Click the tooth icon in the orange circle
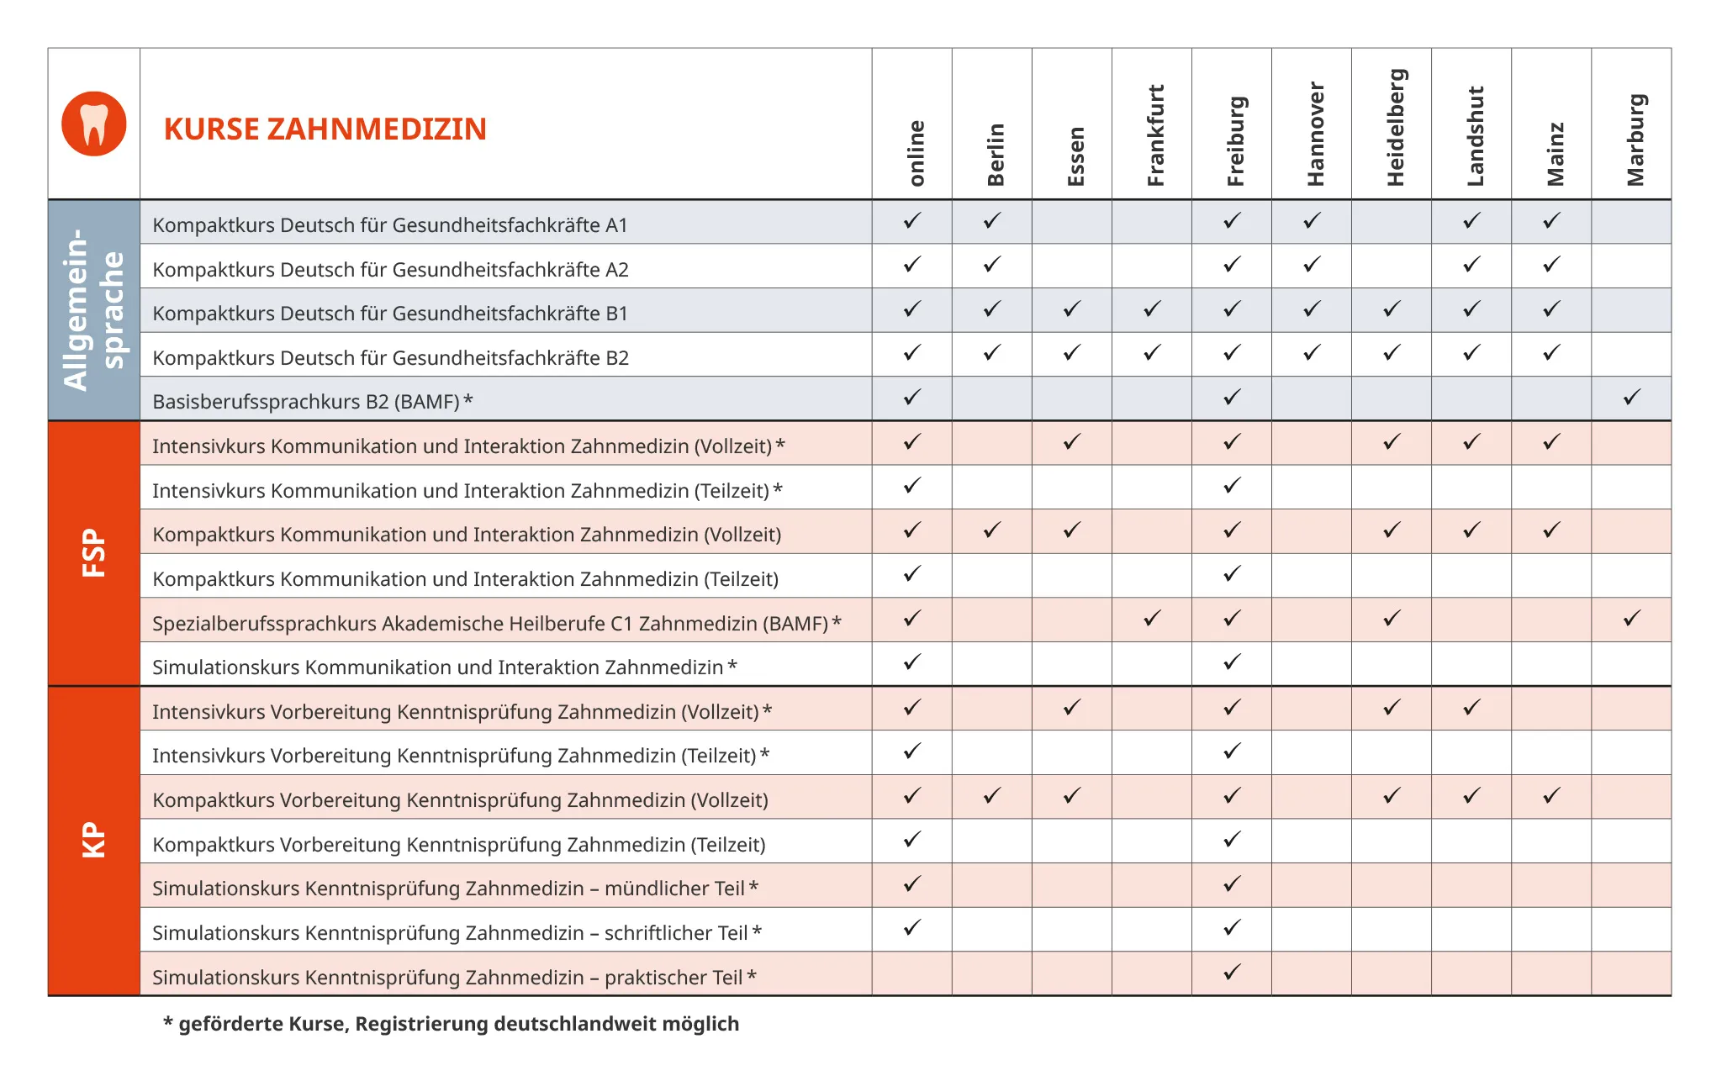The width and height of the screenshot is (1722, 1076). (94, 124)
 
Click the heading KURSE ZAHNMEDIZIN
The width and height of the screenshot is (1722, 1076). (325, 129)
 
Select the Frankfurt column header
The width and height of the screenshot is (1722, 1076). (1155, 135)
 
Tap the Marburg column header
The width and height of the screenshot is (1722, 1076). (1635, 140)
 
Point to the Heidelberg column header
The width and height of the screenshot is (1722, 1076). (1395, 127)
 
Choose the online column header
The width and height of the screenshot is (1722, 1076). (916, 153)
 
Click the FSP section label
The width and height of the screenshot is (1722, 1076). (93, 552)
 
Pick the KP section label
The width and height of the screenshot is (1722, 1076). (93, 840)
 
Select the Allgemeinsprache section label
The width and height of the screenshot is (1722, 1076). (93, 309)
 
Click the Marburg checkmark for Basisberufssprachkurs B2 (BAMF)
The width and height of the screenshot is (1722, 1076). (1631, 397)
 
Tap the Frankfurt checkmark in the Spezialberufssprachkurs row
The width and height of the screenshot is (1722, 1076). (1152, 618)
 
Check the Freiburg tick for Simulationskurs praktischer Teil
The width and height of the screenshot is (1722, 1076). (1232, 972)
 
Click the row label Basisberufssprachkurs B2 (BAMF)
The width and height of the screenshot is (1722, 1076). (312, 402)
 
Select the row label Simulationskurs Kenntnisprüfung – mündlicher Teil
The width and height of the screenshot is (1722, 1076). (455, 889)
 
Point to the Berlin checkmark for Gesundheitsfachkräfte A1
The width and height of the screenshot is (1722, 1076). (992, 220)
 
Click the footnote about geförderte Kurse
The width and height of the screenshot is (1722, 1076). (451, 1024)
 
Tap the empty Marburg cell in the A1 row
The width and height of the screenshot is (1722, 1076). (1631, 222)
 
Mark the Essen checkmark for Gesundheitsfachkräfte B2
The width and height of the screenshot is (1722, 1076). (1072, 352)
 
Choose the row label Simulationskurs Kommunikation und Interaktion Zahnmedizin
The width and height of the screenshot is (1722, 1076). (444, 667)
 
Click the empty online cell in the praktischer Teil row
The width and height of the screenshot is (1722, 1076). (912, 973)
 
